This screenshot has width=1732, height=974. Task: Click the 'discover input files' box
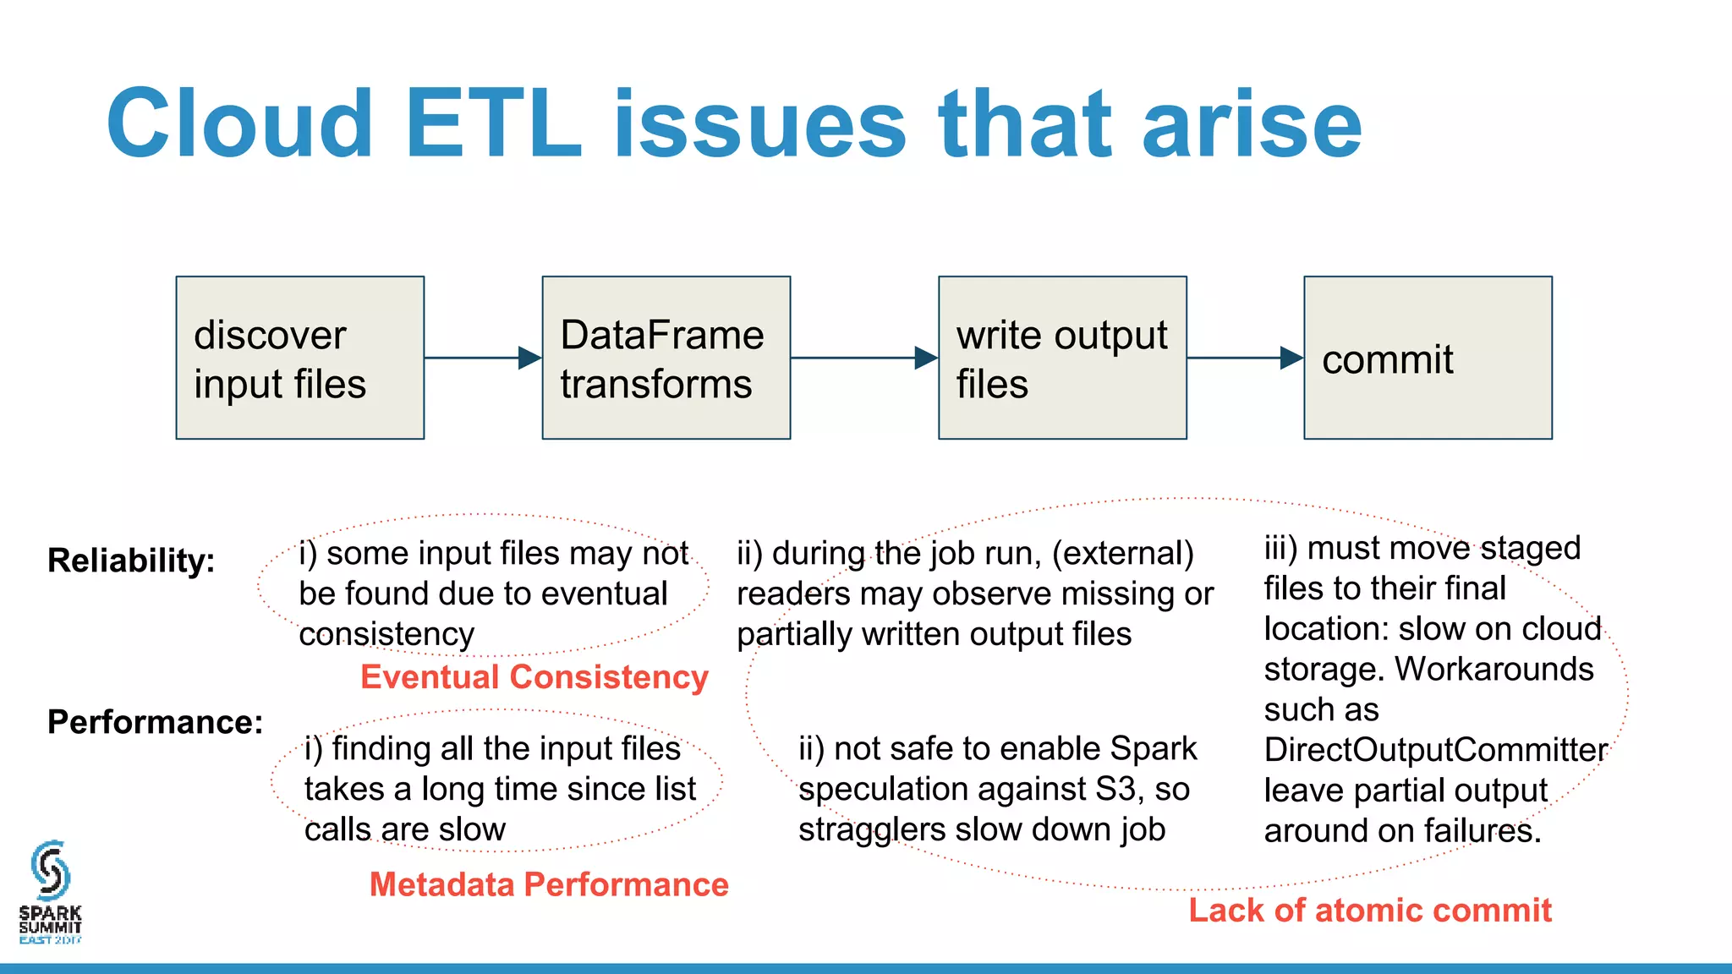299,358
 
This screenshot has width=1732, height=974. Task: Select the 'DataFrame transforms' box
666,358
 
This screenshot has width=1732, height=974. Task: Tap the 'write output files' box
1062,358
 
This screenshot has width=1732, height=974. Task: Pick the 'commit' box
1428,358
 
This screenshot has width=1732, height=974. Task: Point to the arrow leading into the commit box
1244,358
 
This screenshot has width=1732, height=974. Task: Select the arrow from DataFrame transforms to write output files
863,358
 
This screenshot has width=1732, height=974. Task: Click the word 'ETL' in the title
494,124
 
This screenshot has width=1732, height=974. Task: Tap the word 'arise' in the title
1252,124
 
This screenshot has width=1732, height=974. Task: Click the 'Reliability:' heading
131,561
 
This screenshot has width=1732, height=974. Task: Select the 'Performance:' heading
155,722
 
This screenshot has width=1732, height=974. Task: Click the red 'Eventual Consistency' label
534,677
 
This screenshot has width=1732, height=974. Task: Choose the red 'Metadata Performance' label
549,884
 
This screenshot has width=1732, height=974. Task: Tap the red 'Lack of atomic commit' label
1370,911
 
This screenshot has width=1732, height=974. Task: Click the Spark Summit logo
50,892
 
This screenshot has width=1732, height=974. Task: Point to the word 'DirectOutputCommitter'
1435,750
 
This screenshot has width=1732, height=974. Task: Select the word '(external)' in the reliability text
1122,554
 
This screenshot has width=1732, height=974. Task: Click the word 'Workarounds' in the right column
1494,670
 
